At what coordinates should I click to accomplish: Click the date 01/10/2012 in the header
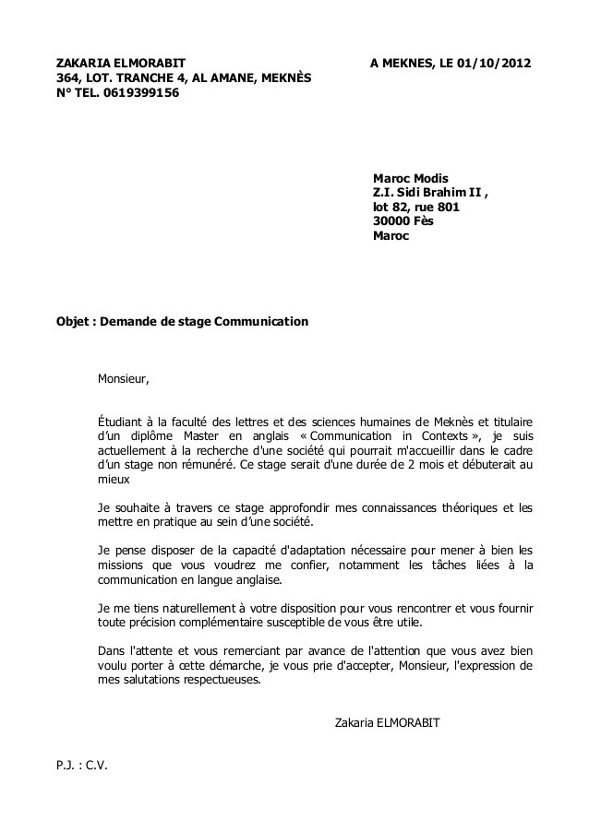(x=494, y=63)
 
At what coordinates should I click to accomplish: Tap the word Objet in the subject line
(x=73, y=322)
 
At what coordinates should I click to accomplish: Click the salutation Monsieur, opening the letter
(x=122, y=378)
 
